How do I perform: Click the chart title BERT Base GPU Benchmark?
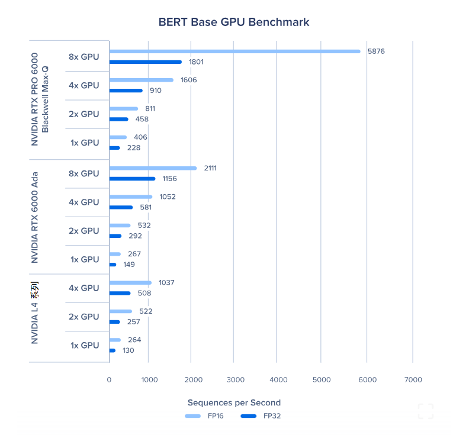(233, 22)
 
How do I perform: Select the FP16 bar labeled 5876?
(234, 51)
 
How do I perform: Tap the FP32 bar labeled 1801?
(146, 62)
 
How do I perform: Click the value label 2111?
(210, 168)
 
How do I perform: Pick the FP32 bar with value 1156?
(132, 178)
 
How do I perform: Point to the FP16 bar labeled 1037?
(130, 283)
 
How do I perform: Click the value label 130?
(128, 350)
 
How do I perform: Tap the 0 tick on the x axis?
(109, 379)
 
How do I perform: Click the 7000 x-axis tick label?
(413, 379)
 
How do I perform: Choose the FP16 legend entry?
(204, 416)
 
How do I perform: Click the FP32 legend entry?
(261, 416)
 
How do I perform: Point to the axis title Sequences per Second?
(234, 402)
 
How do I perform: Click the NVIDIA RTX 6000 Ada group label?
(35, 217)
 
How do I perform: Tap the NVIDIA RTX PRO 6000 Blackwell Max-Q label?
(40, 99)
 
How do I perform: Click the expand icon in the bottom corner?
(425, 411)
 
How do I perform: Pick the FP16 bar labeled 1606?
(142, 80)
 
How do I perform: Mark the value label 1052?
(168, 197)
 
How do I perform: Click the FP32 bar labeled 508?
(120, 293)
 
